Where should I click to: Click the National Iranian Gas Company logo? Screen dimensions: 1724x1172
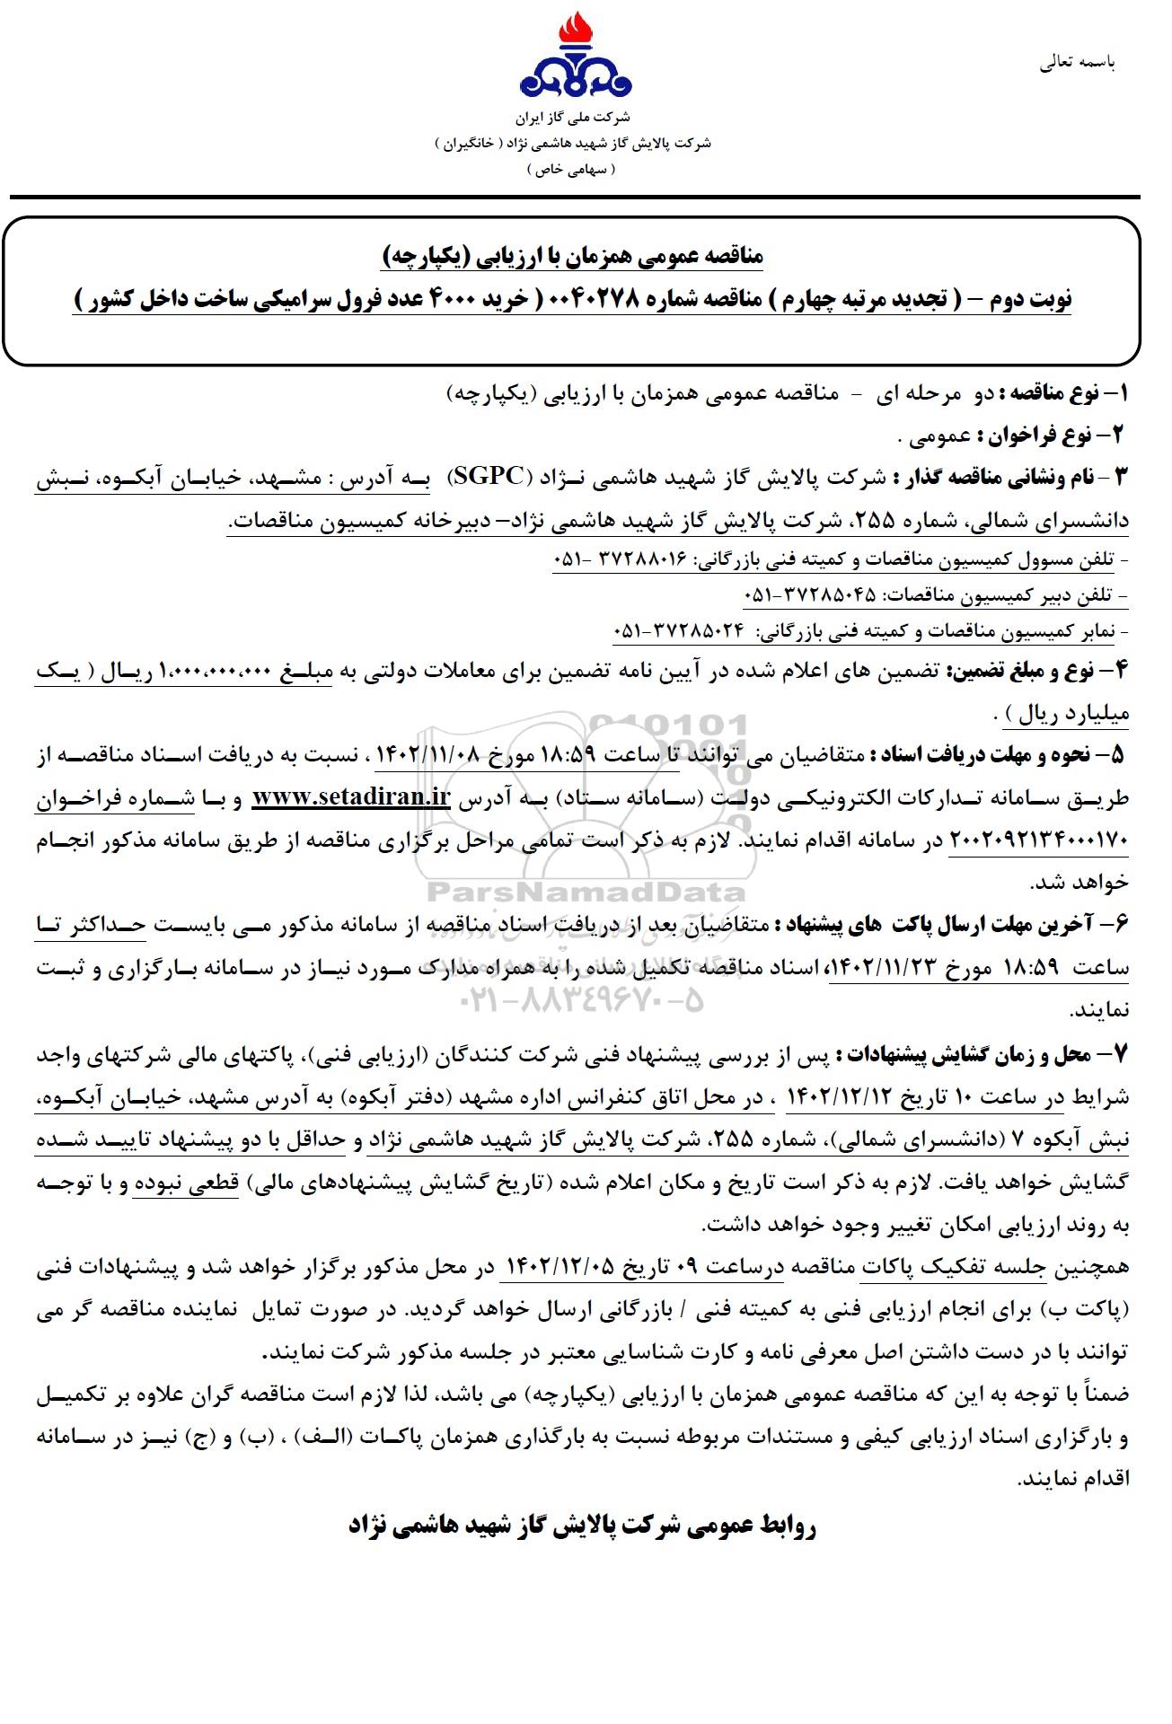tap(576, 58)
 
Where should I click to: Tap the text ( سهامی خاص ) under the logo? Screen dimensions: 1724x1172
tap(571, 170)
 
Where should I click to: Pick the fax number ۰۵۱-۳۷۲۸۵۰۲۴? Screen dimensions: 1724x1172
tap(679, 631)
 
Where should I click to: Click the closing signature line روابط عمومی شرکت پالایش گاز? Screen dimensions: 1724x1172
tap(582, 1526)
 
